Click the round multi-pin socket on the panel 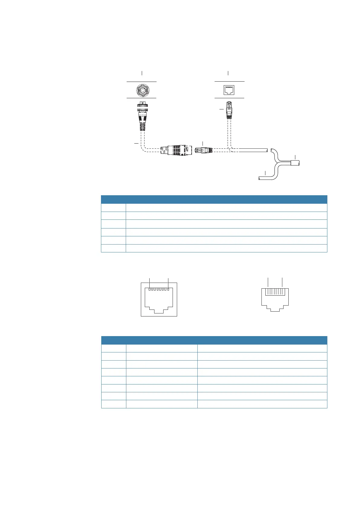(x=141, y=90)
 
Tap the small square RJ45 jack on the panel (x=229, y=90)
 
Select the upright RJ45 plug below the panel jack (x=229, y=111)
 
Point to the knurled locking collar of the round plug (x=141, y=107)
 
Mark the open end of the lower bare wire (x=260, y=179)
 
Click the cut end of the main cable (x=268, y=150)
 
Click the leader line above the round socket (x=142, y=73)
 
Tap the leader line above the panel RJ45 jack (x=228, y=73)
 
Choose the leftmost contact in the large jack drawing (x=150, y=289)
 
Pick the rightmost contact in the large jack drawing (x=168, y=289)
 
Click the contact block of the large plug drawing (x=275, y=292)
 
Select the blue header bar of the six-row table (x=214, y=199)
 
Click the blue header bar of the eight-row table (x=214, y=340)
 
